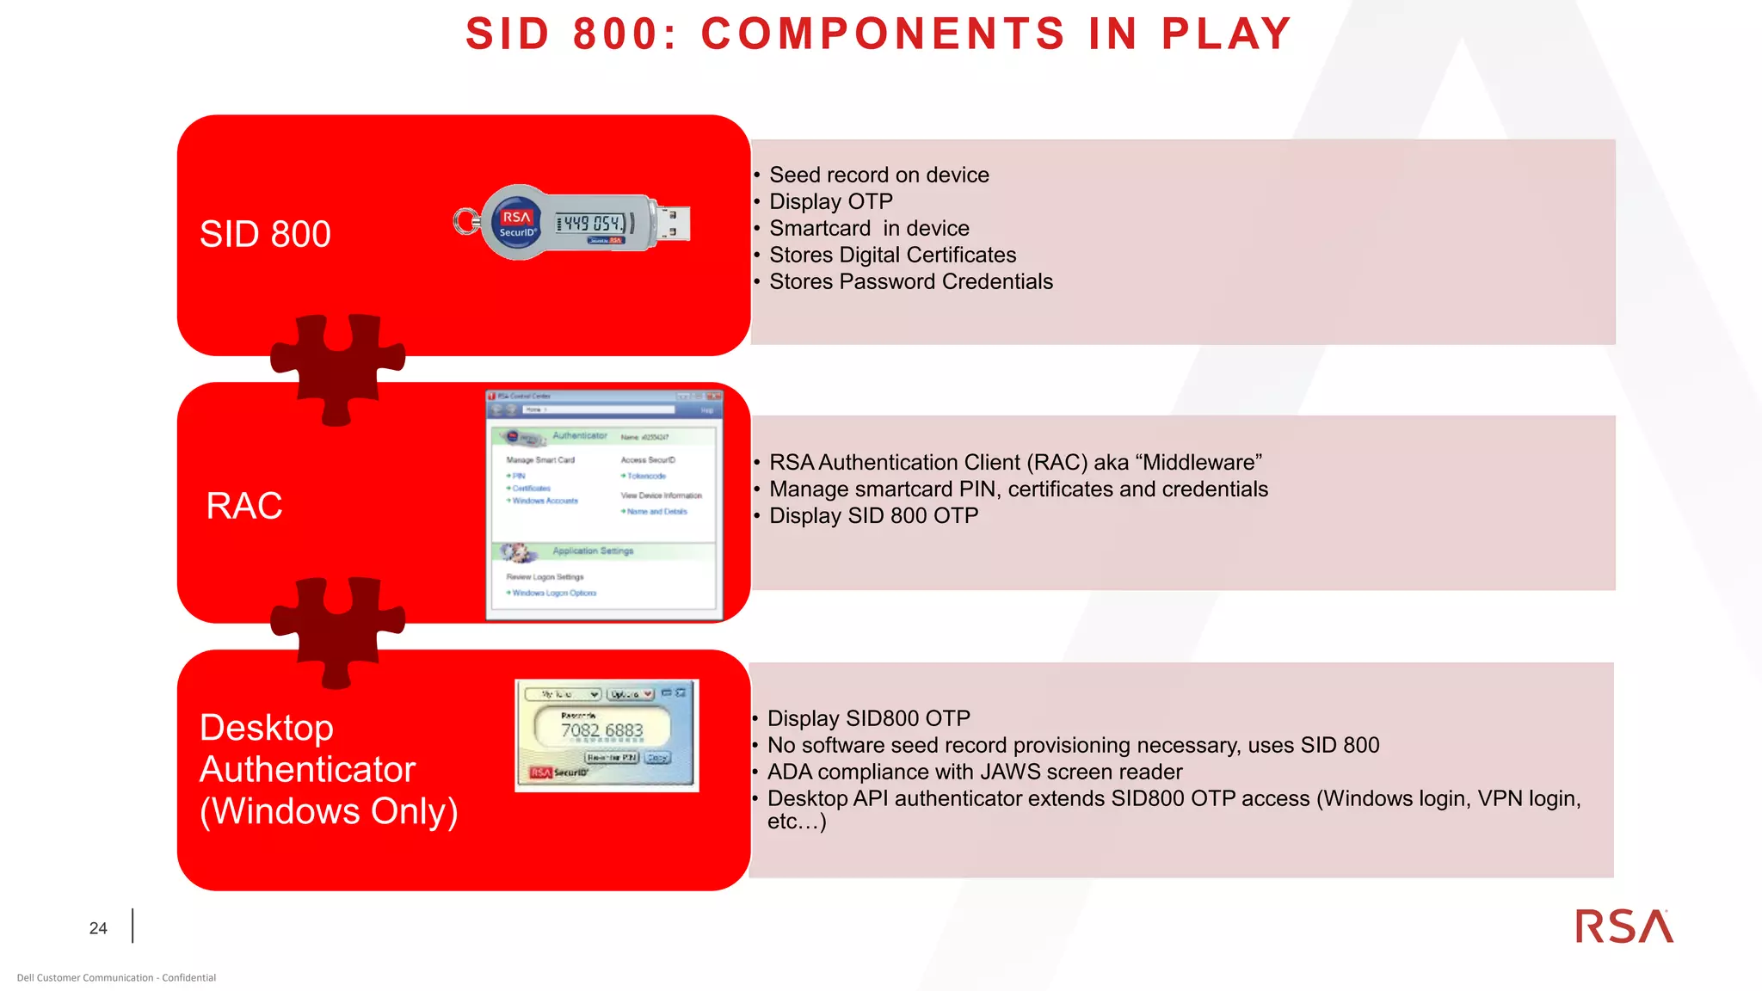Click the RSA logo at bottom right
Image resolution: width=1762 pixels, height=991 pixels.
tap(1623, 926)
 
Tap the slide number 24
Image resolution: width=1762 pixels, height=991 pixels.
tap(98, 928)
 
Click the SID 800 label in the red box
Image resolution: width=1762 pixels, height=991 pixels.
tap(265, 234)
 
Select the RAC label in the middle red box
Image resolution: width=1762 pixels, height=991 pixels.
tap(244, 506)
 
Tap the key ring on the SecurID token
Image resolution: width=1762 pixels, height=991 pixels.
tap(466, 222)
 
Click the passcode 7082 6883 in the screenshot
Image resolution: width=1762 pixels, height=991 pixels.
tap(601, 730)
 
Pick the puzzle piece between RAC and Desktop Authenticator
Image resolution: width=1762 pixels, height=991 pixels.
tap(337, 631)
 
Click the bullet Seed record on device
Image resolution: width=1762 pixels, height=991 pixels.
tap(878, 175)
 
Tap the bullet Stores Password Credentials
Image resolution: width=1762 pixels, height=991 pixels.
tap(910, 281)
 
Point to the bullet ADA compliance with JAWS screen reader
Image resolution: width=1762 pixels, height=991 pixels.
tap(974, 772)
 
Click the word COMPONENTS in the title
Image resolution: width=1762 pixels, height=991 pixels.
tap(883, 34)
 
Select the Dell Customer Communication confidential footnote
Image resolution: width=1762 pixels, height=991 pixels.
tap(116, 977)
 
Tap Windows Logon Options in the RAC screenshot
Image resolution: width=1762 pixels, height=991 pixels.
tap(554, 593)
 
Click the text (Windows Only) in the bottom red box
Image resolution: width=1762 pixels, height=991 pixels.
tap(329, 811)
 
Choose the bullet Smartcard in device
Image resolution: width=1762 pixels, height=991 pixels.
tap(869, 228)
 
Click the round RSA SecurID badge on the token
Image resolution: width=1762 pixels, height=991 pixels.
tap(517, 224)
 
